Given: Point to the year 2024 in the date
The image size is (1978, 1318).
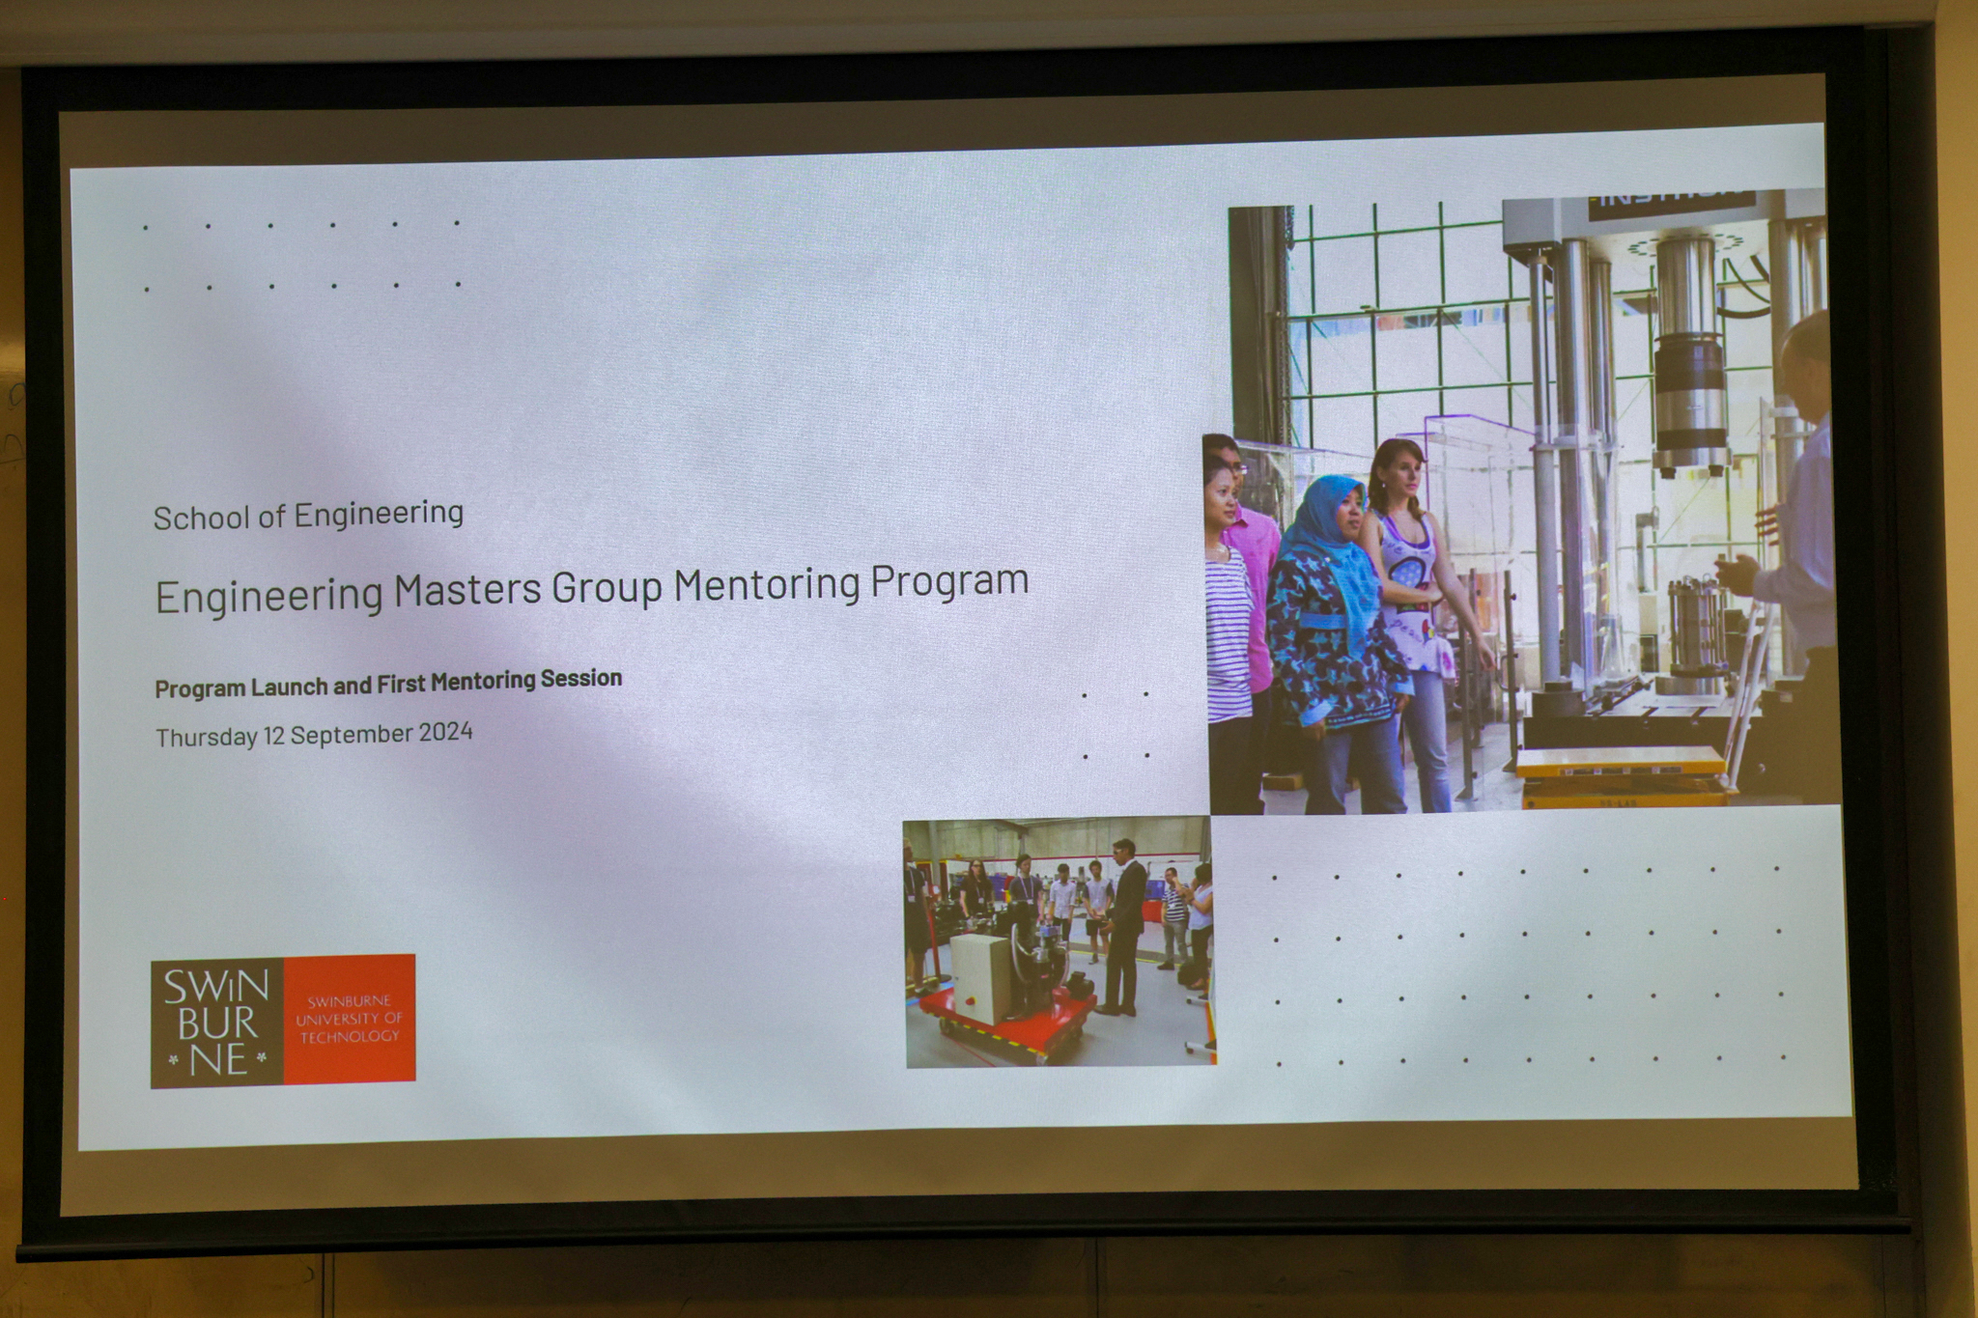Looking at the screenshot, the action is [445, 732].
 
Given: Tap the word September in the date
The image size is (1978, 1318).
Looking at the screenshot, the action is [352, 734].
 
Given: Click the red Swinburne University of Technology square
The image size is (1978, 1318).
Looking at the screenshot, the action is [349, 1018].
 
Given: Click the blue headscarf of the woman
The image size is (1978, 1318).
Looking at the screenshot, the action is [1333, 541].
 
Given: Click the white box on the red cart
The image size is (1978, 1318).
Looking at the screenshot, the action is [981, 976].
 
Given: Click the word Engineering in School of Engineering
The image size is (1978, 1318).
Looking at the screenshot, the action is [379, 514].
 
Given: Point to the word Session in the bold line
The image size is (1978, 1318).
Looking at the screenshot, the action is [580, 679].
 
